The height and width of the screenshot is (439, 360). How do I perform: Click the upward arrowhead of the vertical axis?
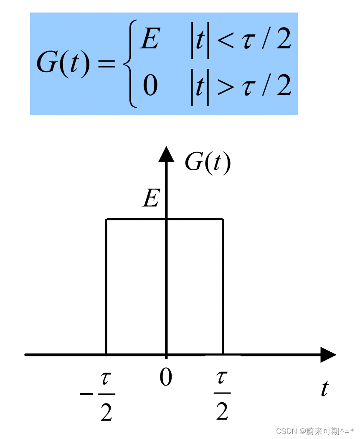click(x=166, y=154)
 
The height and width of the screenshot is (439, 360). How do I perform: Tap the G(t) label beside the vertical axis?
click(x=208, y=162)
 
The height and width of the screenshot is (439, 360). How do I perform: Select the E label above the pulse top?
click(x=151, y=199)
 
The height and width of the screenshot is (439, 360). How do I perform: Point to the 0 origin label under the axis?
click(x=166, y=378)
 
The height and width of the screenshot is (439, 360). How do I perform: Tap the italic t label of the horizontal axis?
click(x=325, y=389)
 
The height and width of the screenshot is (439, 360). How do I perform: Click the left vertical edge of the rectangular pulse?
click(x=106, y=288)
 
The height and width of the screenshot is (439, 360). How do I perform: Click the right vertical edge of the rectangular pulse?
click(x=223, y=288)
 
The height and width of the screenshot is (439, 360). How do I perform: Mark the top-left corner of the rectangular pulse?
click(x=106, y=219)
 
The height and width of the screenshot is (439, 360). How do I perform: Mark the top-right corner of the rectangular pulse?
click(x=223, y=219)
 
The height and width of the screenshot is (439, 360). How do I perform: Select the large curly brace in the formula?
click(x=131, y=63)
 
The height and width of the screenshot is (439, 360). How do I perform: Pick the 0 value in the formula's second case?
click(x=150, y=86)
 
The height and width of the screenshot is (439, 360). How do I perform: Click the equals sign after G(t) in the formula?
click(x=106, y=64)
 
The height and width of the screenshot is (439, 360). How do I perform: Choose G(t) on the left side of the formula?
click(x=63, y=63)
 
